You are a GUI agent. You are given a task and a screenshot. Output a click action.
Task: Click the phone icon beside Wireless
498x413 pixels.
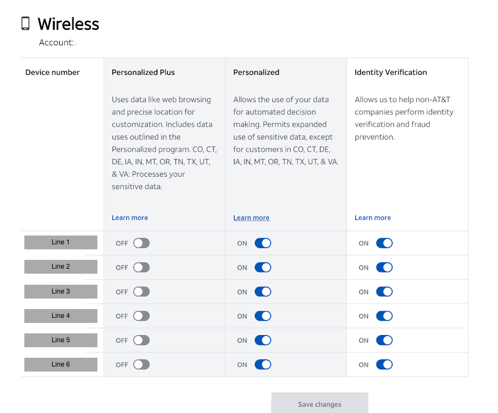25,23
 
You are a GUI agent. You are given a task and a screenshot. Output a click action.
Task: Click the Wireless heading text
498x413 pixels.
68,24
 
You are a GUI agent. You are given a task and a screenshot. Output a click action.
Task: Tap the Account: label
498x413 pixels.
56,43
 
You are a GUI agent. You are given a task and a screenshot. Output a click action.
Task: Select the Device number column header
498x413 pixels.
53,72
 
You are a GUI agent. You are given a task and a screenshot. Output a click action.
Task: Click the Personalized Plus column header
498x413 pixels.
143,72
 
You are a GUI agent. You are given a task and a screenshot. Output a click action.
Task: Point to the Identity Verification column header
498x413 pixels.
390,72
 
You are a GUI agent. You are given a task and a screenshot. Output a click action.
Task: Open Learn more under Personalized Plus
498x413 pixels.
129,218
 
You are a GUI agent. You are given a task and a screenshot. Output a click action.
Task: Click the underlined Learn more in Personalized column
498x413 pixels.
251,218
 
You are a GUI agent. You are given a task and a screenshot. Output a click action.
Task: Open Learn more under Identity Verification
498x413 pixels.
372,218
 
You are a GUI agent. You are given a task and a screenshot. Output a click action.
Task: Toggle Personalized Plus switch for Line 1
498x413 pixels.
141,243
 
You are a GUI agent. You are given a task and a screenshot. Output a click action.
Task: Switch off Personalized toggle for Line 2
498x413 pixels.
263,268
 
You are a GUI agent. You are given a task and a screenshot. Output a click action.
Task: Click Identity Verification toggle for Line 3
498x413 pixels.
384,292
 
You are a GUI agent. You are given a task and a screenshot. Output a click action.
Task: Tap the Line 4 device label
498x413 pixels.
61,316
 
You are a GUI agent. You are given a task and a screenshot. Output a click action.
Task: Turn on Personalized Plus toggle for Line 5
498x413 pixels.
141,341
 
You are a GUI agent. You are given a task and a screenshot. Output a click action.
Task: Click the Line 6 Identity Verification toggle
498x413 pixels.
384,365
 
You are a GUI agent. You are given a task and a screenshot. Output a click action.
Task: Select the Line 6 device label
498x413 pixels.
61,364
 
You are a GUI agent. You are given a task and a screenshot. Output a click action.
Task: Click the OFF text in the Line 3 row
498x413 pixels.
122,292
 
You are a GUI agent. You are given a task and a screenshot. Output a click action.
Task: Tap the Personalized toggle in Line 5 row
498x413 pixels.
263,341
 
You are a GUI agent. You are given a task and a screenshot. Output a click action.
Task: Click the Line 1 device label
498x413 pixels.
61,242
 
